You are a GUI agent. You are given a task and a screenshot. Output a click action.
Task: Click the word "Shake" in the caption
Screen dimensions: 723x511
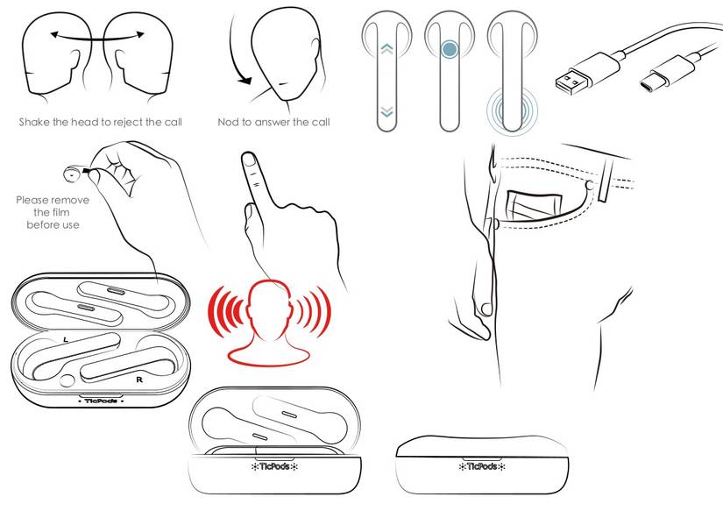(x=34, y=122)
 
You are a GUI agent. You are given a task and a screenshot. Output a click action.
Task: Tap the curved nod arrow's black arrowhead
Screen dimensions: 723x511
(x=245, y=81)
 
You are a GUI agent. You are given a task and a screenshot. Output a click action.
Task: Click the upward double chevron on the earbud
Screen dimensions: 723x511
(x=386, y=48)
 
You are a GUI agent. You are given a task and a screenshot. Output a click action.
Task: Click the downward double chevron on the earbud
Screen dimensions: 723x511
(x=386, y=111)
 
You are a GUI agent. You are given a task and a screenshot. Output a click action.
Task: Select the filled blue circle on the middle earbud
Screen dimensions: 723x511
(x=450, y=49)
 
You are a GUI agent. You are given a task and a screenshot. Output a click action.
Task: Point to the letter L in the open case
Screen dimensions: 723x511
(x=66, y=339)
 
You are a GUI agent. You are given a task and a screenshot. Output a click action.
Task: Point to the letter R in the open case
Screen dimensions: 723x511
(x=139, y=380)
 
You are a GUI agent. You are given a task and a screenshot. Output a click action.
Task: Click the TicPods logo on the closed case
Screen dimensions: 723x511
(x=481, y=466)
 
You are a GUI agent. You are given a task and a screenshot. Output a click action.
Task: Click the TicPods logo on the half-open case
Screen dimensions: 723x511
(x=275, y=466)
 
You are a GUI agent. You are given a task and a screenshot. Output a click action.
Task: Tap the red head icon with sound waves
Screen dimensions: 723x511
(x=269, y=322)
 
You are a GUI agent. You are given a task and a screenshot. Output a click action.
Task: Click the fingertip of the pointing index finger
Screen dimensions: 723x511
(x=249, y=160)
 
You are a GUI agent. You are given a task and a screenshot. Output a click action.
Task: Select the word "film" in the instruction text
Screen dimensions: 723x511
(x=58, y=213)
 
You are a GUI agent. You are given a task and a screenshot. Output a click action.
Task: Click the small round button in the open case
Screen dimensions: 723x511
(x=67, y=380)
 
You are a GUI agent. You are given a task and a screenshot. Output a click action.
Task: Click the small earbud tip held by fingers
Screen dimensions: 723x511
(x=73, y=174)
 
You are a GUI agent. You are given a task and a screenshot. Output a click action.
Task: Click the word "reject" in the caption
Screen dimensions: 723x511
(x=127, y=123)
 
